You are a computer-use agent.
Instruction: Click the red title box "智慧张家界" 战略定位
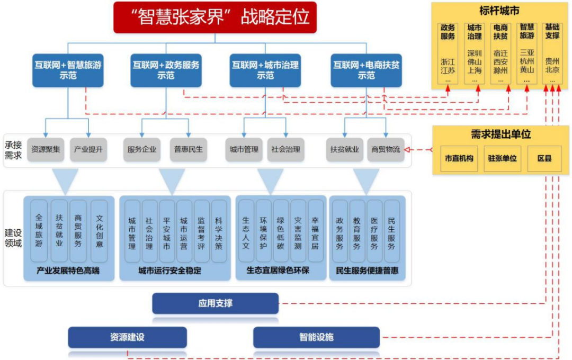215,17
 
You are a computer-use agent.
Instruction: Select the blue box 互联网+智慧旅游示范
68,70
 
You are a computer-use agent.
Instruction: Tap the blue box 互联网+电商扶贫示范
366,70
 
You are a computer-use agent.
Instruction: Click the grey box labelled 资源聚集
45,149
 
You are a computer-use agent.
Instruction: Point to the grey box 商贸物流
386,149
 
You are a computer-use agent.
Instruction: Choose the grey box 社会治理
287,149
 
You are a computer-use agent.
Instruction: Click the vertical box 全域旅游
39,231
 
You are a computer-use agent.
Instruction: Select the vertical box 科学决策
219,231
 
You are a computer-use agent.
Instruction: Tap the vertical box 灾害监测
298,231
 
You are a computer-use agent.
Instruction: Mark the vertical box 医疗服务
374,231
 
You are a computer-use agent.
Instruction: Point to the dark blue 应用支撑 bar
215,303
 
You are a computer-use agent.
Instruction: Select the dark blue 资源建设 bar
127,337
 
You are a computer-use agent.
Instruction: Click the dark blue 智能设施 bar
316,337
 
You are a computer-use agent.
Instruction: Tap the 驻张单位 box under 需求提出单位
502,158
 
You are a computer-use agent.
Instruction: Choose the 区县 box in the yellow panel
544,158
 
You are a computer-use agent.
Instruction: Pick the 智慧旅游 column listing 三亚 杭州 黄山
527,52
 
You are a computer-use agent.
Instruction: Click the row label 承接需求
14,150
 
